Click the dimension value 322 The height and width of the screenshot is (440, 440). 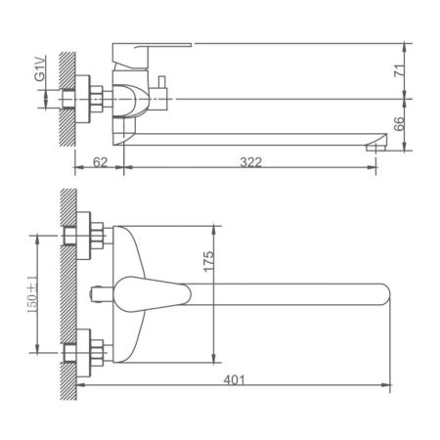coord(251,162)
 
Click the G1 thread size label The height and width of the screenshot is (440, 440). coord(40,71)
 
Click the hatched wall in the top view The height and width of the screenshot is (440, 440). coord(66,293)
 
